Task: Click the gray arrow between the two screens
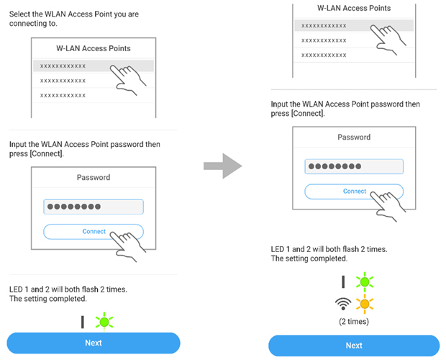pyautogui.click(x=222, y=167)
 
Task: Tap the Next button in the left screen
pyautogui.click(x=94, y=343)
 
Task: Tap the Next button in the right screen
pyautogui.click(x=354, y=346)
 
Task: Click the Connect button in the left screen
pyautogui.click(x=94, y=232)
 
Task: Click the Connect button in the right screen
pyautogui.click(x=354, y=192)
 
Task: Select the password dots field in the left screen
pyautogui.click(x=94, y=207)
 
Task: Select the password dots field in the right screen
pyautogui.click(x=354, y=166)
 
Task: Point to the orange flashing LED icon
pyautogui.click(x=365, y=304)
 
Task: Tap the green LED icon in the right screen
pyautogui.click(x=365, y=282)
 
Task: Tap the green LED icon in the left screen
pyautogui.click(x=106, y=319)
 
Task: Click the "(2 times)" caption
pyautogui.click(x=354, y=322)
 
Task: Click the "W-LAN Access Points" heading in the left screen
pyautogui.click(x=93, y=48)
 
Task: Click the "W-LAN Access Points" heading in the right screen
pyautogui.click(x=354, y=8)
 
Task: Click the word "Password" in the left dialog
pyautogui.click(x=94, y=177)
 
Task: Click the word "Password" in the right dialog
pyautogui.click(x=354, y=137)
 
